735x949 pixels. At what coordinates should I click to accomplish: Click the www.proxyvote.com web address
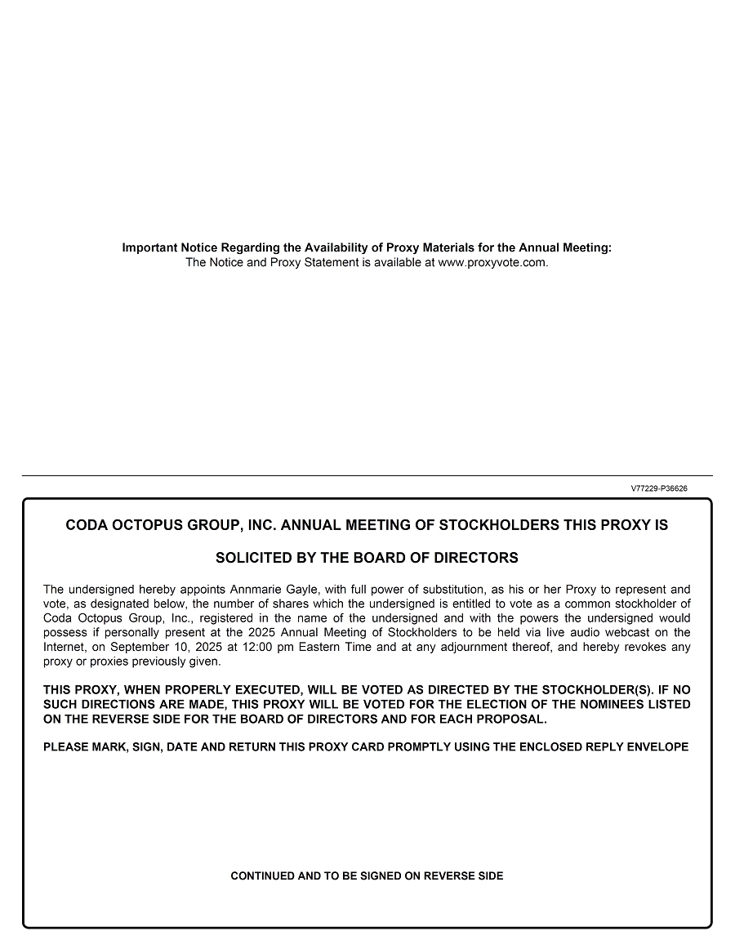click(x=492, y=263)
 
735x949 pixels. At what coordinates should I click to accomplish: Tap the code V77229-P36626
click(x=659, y=488)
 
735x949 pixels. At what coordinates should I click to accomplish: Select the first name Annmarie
click(x=256, y=590)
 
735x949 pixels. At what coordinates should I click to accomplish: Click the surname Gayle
click(x=304, y=590)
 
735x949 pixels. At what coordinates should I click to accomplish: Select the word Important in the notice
click(x=149, y=247)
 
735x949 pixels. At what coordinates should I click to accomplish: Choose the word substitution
click(x=448, y=590)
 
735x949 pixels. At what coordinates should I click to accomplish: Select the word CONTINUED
click(x=263, y=876)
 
